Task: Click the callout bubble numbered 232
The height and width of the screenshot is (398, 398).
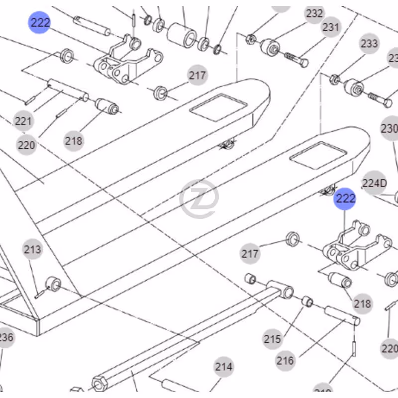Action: pos(314,14)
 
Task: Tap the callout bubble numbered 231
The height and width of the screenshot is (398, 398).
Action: pos(331,27)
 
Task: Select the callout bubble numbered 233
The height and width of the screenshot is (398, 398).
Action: pos(369,44)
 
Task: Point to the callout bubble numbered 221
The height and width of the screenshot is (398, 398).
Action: pos(23,121)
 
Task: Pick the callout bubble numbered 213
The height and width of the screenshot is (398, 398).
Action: pos(33,249)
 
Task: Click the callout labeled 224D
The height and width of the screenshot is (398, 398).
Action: pos(374,183)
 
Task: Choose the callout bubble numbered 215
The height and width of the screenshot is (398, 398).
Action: pos(272,339)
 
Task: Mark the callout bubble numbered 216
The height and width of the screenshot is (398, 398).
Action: pos(285,360)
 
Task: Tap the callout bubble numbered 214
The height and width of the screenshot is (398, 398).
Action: pos(224,367)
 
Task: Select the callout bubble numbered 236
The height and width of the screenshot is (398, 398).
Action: pos(5,338)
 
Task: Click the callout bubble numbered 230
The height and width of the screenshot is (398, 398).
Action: pos(390,129)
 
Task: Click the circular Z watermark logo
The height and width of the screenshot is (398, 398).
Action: pos(199,199)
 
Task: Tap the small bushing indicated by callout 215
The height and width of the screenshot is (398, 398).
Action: pos(307,301)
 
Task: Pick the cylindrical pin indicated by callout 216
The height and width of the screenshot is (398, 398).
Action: pos(342,316)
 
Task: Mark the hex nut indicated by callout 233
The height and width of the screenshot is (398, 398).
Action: pos(335,79)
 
